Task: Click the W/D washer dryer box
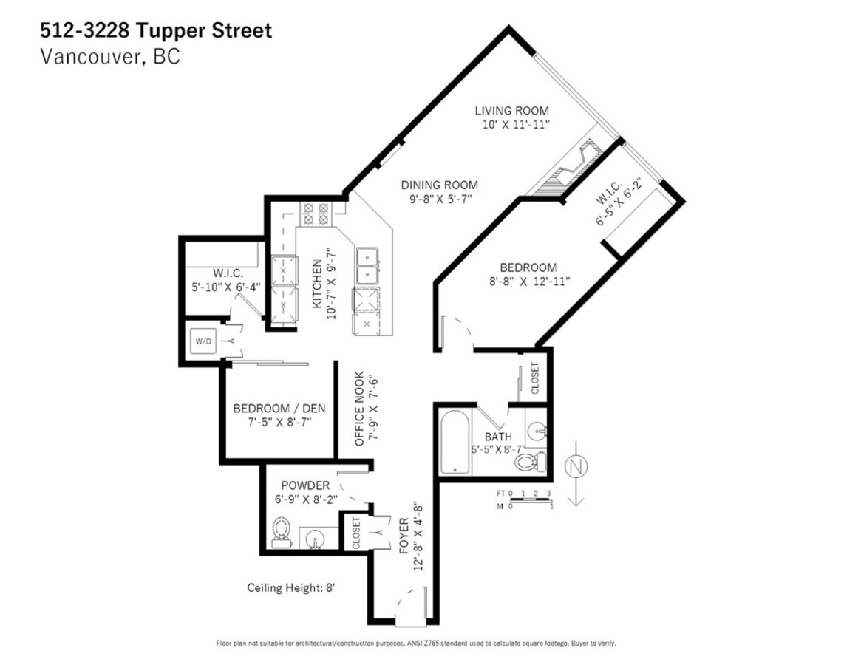tap(203, 342)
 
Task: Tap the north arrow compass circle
tap(576, 467)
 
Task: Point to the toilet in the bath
tap(528, 463)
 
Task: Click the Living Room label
tap(511, 111)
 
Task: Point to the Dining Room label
tap(439, 185)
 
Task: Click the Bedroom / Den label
tap(279, 409)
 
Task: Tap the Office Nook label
tap(359, 409)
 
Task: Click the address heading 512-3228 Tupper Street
tap(155, 31)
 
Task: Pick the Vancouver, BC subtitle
tap(109, 57)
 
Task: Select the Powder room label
tap(304, 485)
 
